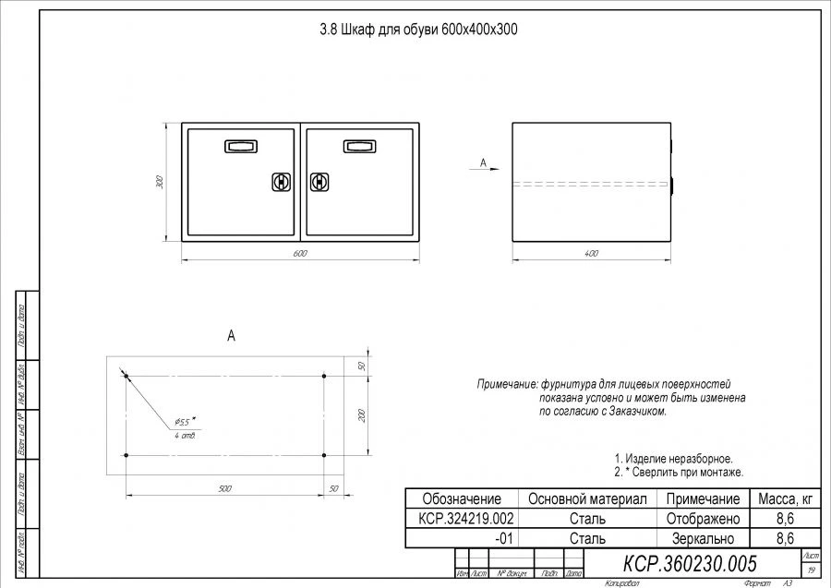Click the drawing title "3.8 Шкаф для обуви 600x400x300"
(x=417, y=30)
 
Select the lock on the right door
(x=319, y=182)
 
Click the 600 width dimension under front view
(x=299, y=253)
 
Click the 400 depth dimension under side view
(x=591, y=253)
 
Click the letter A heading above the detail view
(x=231, y=338)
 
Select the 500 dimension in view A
(x=224, y=488)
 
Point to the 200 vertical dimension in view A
(x=361, y=415)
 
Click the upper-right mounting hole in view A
(x=324, y=376)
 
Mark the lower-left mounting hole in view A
(x=126, y=455)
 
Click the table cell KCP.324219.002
(x=461, y=519)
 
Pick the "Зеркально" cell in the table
(x=702, y=538)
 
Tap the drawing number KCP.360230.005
(x=691, y=563)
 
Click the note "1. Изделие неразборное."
(x=673, y=459)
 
